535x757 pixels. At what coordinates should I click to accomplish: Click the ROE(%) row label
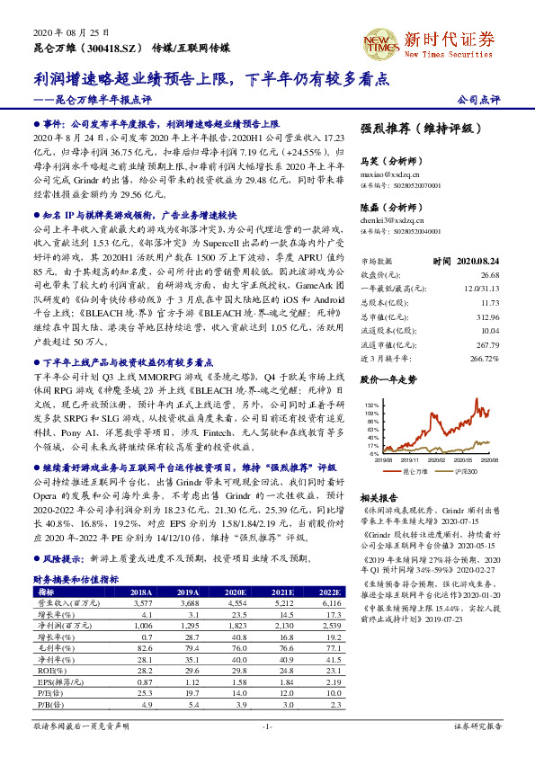click(x=45, y=670)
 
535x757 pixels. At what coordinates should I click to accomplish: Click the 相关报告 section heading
click(x=378, y=497)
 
